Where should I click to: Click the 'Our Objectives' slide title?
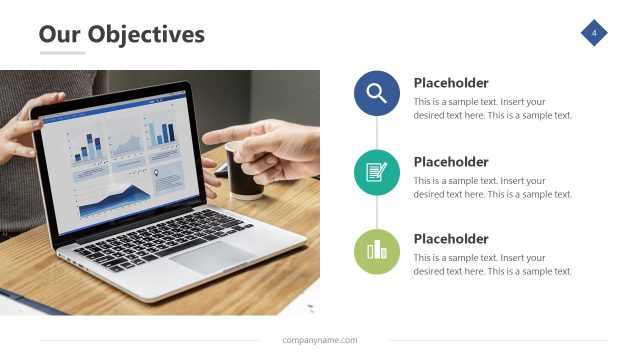[x=121, y=35]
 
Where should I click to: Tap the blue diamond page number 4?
[x=594, y=34]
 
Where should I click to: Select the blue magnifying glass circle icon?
[x=377, y=94]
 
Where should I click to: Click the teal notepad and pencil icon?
[x=377, y=172]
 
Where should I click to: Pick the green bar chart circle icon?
[x=377, y=250]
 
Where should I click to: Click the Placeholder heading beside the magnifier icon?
[x=451, y=83]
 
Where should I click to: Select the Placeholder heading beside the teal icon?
[x=451, y=162]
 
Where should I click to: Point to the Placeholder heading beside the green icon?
[x=451, y=239]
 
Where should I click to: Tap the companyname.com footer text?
[x=320, y=340]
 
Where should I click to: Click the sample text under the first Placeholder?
[x=493, y=108]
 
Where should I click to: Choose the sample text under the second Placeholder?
[x=493, y=187]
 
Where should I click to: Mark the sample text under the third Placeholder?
[x=493, y=264]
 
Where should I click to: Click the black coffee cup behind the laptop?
[x=243, y=170]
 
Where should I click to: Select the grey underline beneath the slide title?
[x=62, y=52]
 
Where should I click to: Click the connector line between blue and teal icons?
[x=377, y=133]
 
